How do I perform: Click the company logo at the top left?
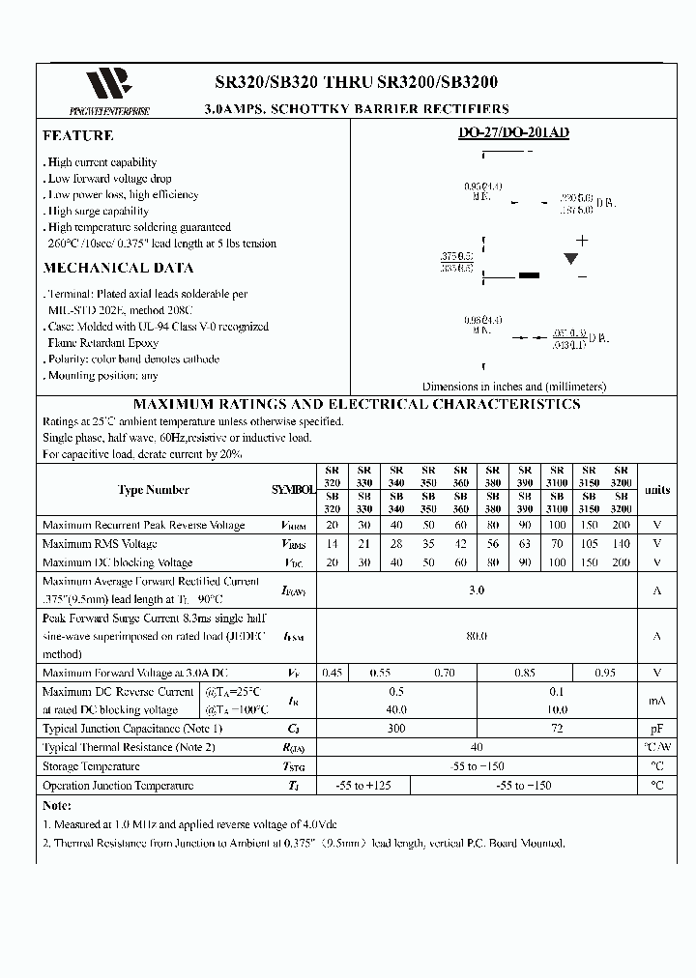(108, 85)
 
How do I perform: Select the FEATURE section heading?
(78, 136)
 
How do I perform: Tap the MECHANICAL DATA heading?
(118, 269)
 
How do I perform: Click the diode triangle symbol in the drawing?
(571, 258)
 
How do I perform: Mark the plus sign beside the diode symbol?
(582, 241)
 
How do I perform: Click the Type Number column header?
(154, 490)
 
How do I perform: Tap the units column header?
(657, 490)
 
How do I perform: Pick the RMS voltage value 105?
(589, 544)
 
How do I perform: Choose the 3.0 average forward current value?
(476, 590)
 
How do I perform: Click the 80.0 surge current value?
(476, 637)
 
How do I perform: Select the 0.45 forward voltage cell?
(332, 674)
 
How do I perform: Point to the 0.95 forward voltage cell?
(605, 674)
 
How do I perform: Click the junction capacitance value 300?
(396, 729)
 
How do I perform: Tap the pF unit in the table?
(657, 729)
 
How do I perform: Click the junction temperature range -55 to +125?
(363, 786)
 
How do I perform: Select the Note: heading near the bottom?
(59, 805)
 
